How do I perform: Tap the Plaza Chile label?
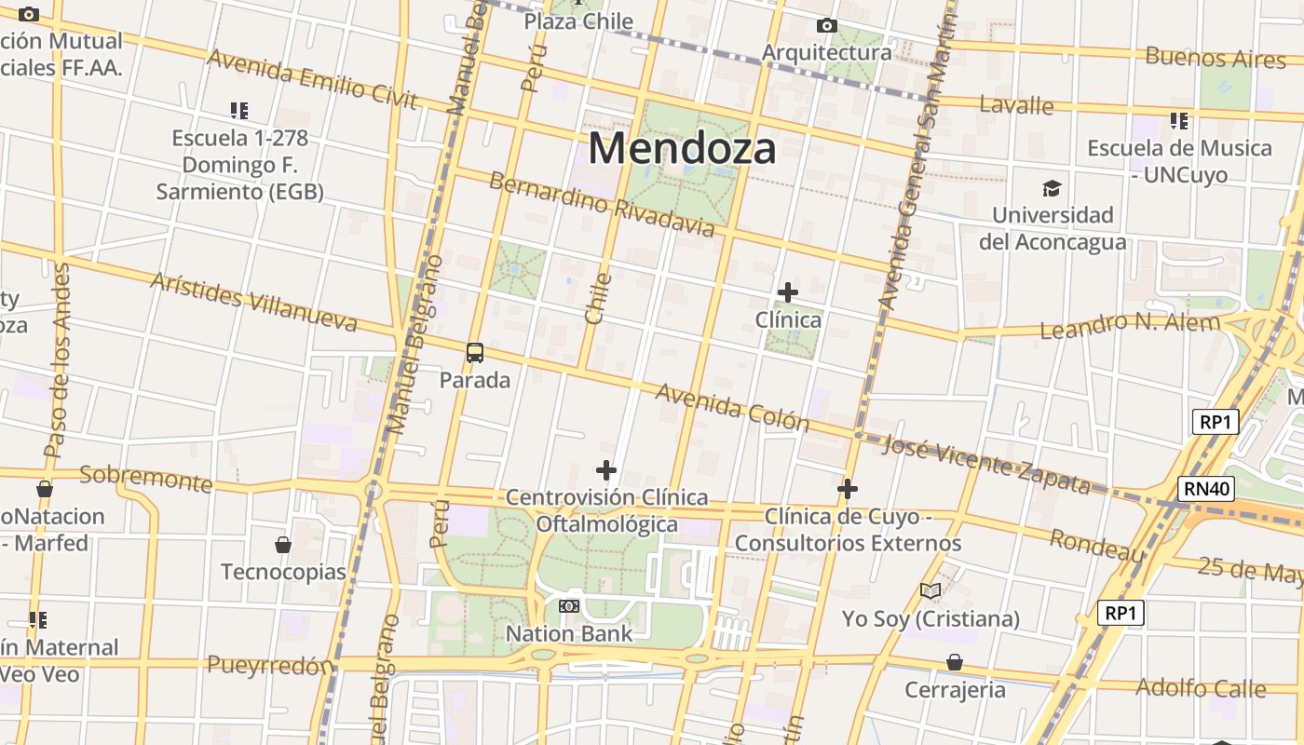click(x=578, y=21)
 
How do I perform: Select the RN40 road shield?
click(x=1206, y=488)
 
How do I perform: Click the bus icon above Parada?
click(x=475, y=353)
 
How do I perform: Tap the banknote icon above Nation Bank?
click(x=568, y=606)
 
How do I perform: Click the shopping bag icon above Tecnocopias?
click(x=283, y=545)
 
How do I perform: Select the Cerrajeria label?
click(x=955, y=690)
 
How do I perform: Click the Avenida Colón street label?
click(x=732, y=407)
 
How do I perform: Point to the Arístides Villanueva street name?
click(x=252, y=303)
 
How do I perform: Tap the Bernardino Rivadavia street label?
click(x=602, y=204)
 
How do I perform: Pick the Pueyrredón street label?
click(x=270, y=665)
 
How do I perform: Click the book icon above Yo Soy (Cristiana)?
click(x=930, y=590)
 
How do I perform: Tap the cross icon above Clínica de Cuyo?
click(x=848, y=489)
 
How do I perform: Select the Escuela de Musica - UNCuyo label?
click(x=1179, y=161)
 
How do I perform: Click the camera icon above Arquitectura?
click(x=826, y=26)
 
